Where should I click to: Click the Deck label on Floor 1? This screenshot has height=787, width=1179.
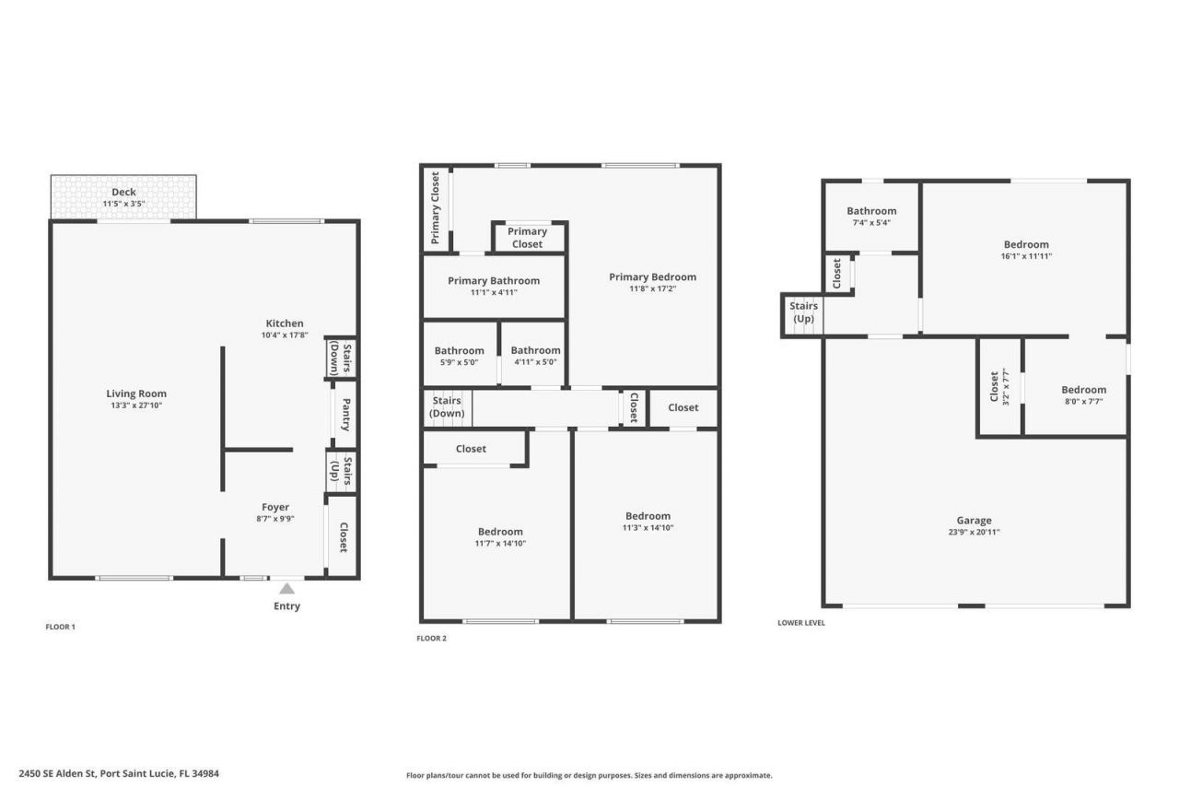tap(123, 193)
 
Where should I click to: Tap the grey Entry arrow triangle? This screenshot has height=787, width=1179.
tap(287, 589)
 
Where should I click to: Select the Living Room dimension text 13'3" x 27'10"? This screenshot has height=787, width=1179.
tap(136, 405)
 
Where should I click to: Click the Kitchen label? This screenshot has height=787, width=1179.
tap(285, 323)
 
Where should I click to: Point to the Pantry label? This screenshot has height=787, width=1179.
tap(345, 414)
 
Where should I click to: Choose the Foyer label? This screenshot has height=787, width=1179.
tap(275, 507)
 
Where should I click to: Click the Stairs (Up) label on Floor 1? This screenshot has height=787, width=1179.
tap(342, 470)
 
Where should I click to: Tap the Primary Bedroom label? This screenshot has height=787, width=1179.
tap(652, 276)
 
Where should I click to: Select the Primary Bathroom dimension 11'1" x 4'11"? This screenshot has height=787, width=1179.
tap(494, 292)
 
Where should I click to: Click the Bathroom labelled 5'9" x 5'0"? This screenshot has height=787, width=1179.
tap(459, 350)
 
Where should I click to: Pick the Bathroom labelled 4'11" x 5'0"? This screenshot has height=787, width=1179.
tap(535, 350)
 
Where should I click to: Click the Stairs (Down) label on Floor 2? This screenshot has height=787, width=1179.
tap(448, 406)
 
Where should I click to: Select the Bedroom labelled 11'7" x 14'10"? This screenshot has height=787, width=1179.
tap(500, 532)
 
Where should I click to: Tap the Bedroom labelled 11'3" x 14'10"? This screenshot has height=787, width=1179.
tap(648, 516)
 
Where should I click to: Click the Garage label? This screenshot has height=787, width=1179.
tap(974, 521)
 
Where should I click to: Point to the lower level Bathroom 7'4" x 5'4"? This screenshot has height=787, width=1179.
tap(871, 211)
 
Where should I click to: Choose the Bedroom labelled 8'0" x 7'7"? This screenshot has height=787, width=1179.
tap(1083, 390)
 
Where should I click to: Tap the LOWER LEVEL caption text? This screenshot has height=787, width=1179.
tap(801, 623)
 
